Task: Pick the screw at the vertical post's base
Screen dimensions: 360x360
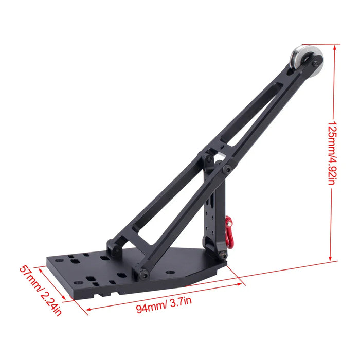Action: (x=222, y=255)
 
